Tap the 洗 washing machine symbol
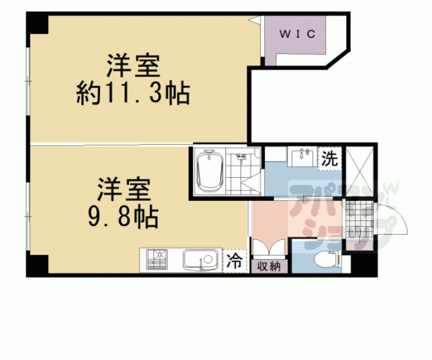coord(329,158)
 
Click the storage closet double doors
coord(269,247)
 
